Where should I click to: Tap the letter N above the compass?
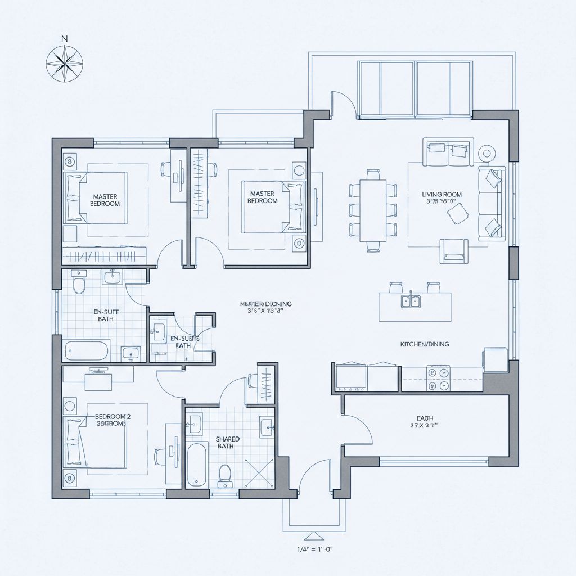pos(64,39)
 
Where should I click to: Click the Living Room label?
pos(442,195)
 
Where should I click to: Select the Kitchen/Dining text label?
pos(424,344)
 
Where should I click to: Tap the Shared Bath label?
pos(227,442)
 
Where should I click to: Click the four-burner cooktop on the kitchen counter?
pos(439,378)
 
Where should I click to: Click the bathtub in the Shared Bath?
pos(196,464)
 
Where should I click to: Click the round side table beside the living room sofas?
pos(486,152)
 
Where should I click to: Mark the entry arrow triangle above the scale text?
pos(312,535)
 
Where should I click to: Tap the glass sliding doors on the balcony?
pos(414,90)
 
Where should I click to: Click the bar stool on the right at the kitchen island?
pos(433,287)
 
